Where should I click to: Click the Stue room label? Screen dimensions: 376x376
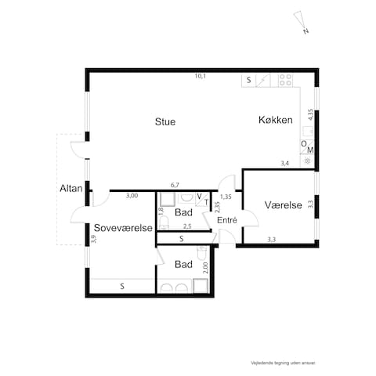pos(164,122)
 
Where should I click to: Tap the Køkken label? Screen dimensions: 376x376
pos(276,121)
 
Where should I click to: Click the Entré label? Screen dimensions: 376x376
pos(227,221)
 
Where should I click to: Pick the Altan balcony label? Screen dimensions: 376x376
pos(70,189)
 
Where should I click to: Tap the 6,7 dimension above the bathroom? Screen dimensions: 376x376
pos(175,185)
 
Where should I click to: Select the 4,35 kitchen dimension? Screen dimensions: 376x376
pos(311,114)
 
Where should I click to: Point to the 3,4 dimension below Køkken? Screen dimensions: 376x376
pos(285,163)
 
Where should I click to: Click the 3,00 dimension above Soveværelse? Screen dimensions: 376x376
pos(132,195)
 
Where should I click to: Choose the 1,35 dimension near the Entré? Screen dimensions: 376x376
pos(226,196)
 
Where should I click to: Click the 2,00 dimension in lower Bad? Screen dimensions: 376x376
pos(205,266)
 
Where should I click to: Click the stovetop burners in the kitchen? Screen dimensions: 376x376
pos(285,79)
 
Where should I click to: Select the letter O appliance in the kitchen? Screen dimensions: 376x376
pos(303,143)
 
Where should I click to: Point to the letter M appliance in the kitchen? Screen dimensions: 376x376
pos(310,150)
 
